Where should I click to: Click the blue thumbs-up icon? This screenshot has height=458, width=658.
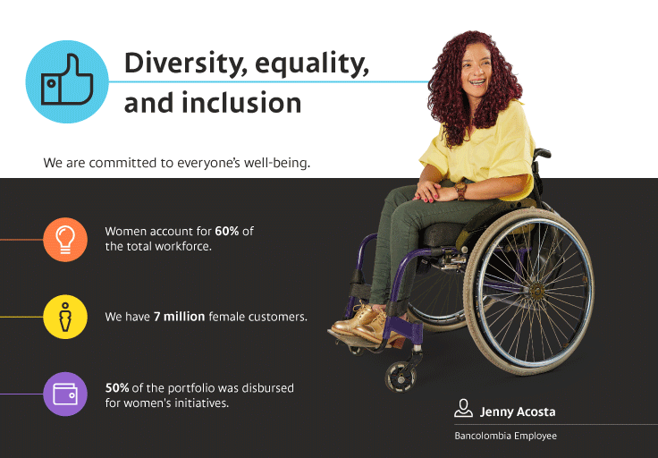[x=67, y=81]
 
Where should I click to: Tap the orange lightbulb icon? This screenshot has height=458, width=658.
[x=65, y=240]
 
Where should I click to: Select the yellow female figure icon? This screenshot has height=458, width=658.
[x=65, y=317]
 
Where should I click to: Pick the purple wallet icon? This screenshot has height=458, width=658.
[x=65, y=394]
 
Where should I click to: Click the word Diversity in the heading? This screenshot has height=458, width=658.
[x=184, y=64]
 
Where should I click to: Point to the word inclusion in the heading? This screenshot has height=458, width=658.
[x=241, y=103]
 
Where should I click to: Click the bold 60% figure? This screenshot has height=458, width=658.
[x=226, y=231]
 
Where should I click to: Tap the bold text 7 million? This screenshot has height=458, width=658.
[x=179, y=317]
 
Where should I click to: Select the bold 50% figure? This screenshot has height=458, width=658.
[x=116, y=387]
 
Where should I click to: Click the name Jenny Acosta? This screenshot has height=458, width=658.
[x=518, y=411]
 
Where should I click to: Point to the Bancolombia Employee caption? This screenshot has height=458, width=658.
[x=505, y=437]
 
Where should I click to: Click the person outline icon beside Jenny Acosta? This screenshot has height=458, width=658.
[x=463, y=408]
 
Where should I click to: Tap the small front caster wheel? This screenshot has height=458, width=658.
[x=401, y=377]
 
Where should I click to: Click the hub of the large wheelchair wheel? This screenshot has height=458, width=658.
[x=536, y=291]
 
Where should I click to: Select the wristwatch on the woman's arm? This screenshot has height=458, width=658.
[x=460, y=191]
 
